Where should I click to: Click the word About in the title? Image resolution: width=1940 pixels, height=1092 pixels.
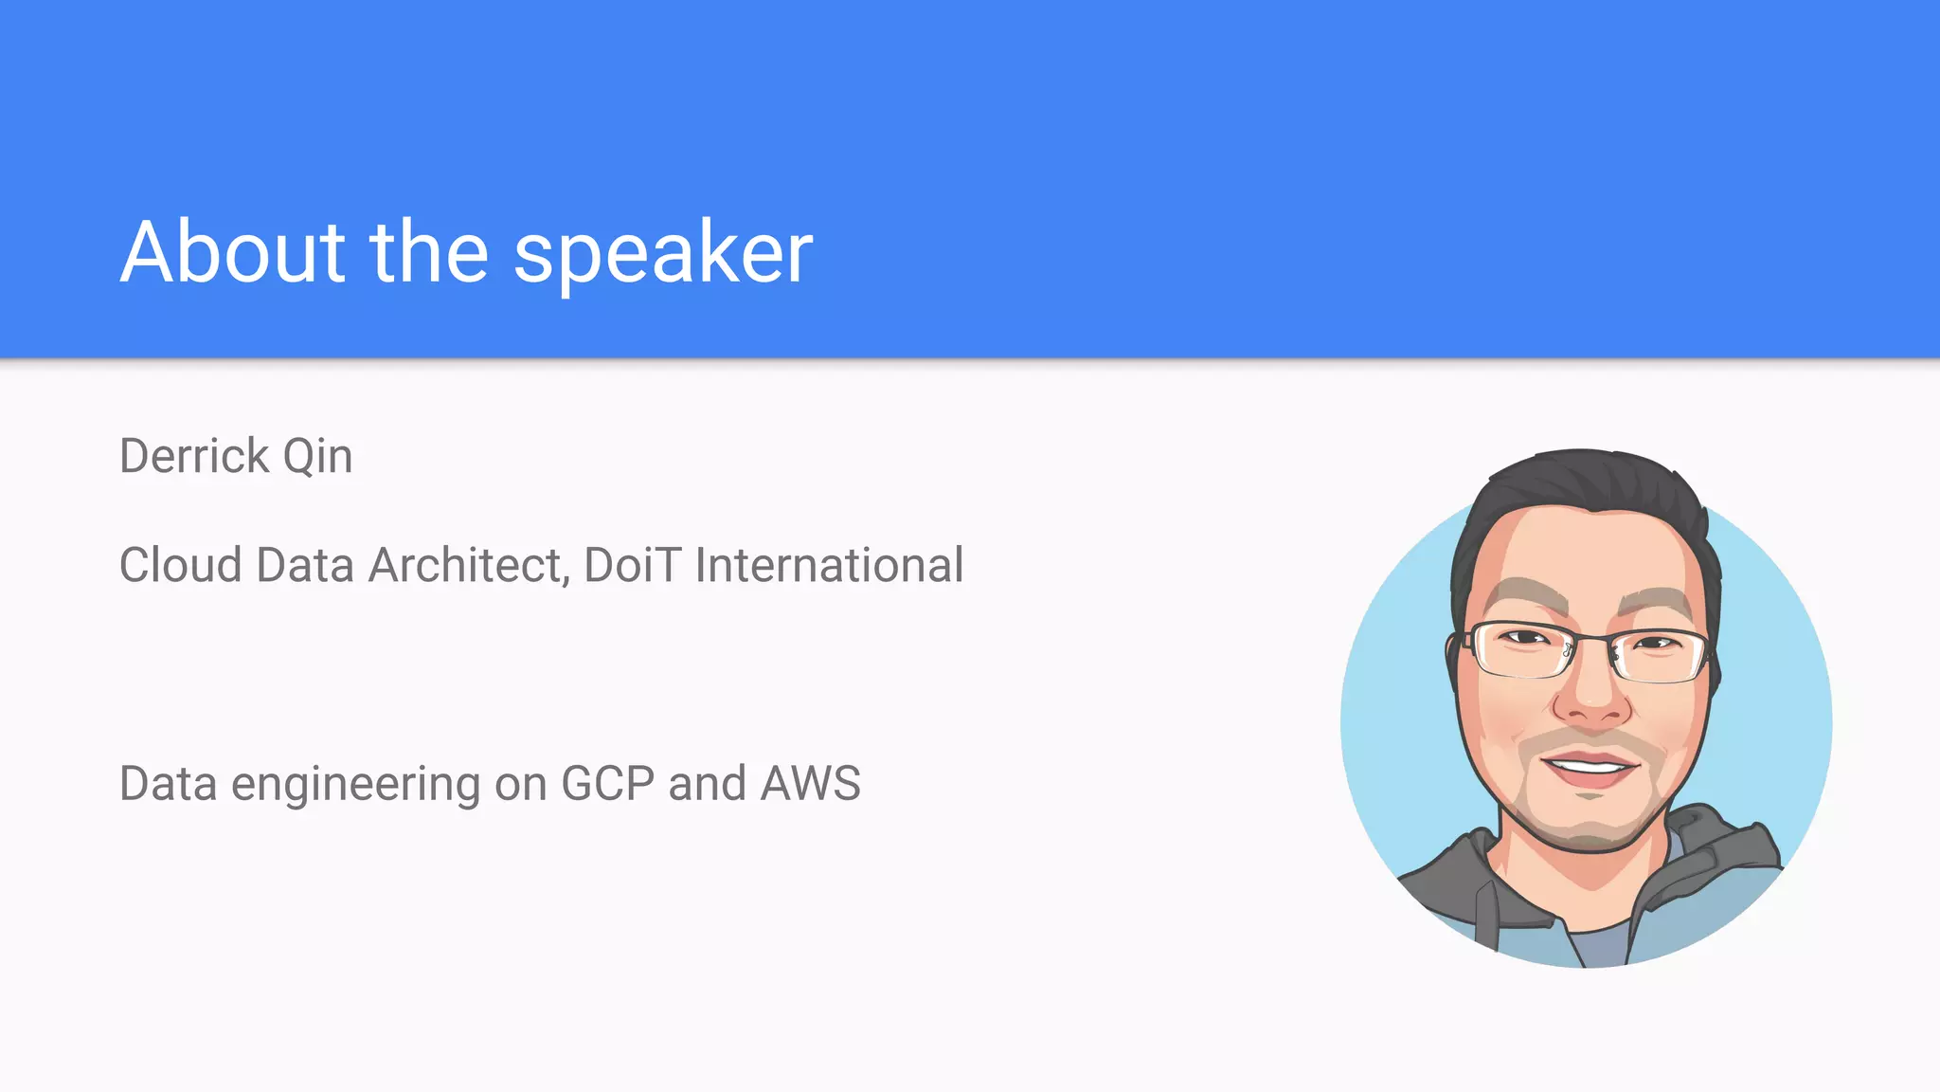point(233,252)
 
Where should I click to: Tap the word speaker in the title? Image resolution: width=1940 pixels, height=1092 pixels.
point(663,254)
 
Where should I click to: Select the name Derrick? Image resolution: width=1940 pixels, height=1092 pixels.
point(194,457)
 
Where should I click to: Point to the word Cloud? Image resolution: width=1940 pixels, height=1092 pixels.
point(181,566)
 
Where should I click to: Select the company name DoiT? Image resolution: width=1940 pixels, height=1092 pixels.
point(632,566)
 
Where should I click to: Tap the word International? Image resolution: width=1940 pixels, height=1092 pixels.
point(829,566)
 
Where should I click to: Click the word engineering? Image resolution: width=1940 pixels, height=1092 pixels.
point(355,785)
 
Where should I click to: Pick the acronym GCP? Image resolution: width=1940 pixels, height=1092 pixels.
point(607,784)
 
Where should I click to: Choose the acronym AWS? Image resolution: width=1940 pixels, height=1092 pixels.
point(811,784)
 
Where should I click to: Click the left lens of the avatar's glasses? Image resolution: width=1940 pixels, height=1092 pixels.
point(1521,650)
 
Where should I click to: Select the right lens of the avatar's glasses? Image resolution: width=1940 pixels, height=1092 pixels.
point(1660,654)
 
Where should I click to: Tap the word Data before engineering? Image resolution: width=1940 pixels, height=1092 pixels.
point(168,784)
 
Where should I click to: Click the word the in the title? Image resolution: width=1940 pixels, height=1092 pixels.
point(429,252)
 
